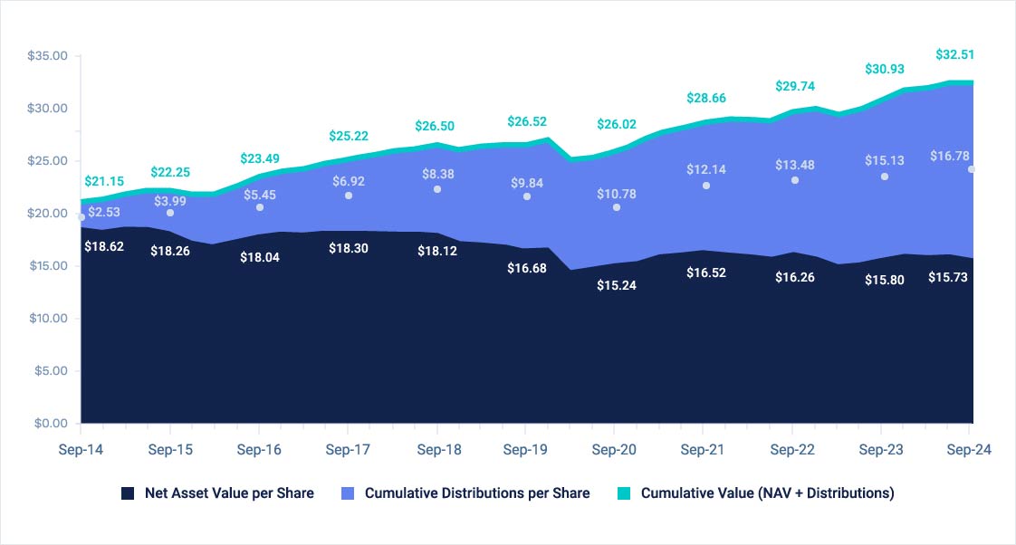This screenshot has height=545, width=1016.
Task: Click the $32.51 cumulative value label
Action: pos(954,54)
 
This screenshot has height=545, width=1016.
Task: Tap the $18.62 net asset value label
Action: pos(102,245)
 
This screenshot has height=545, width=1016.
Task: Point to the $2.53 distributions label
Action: pos(104,212)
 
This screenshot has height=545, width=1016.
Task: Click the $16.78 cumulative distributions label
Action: pos(949,157)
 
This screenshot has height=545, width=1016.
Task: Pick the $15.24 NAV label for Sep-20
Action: pos(616,284)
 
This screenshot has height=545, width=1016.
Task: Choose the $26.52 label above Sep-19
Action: pos(527,120)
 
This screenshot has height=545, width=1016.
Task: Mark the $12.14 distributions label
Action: pos(705,169)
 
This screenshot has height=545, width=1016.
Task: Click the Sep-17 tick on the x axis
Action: pos(349,450)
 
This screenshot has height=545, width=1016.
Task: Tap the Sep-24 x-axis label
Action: pos(969,450)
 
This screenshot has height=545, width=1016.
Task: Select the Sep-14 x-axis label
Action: pos(81,450)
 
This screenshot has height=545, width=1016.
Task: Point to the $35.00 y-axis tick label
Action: pos(48,56)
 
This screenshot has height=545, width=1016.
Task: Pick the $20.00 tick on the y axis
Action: pos(48,214)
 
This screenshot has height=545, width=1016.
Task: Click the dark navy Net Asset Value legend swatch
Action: pos(128,493)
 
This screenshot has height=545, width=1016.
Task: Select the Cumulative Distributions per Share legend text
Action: pos(477,493)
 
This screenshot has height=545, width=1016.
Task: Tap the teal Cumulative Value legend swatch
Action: pos(624,493)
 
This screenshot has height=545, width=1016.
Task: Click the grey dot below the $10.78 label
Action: pos(617,207)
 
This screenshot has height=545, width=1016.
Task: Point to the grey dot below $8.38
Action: pos(437,189)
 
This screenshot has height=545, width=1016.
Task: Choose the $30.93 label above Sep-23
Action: pos(884,69)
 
